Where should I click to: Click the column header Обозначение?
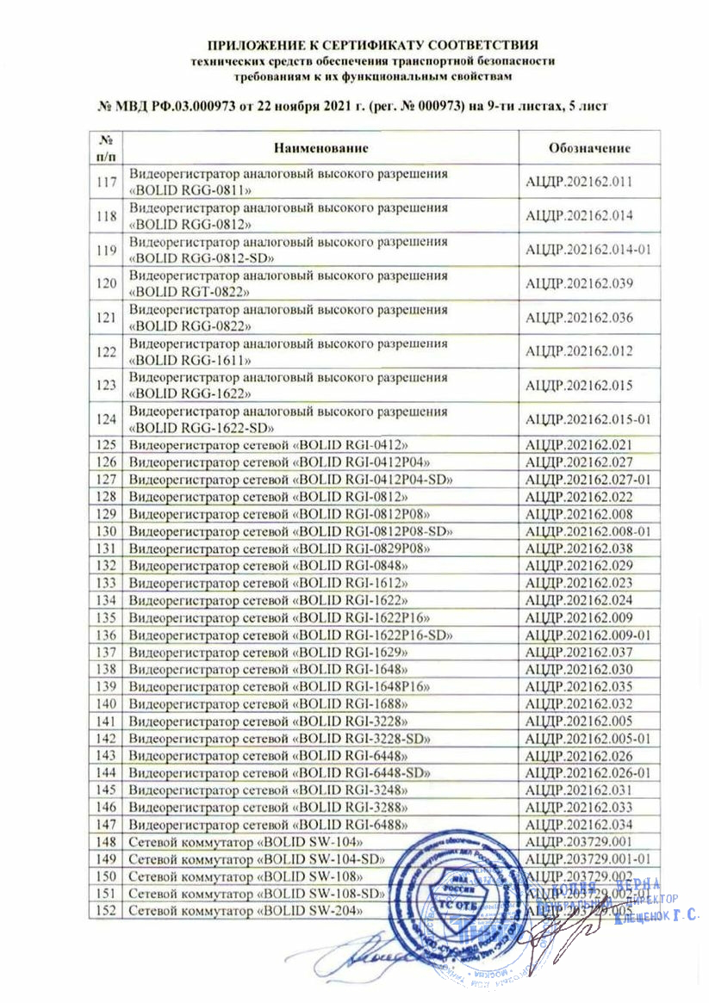589,147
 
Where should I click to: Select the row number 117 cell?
107,182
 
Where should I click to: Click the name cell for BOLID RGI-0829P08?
279,548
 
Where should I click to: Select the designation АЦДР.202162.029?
579,565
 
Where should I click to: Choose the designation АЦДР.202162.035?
579,686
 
